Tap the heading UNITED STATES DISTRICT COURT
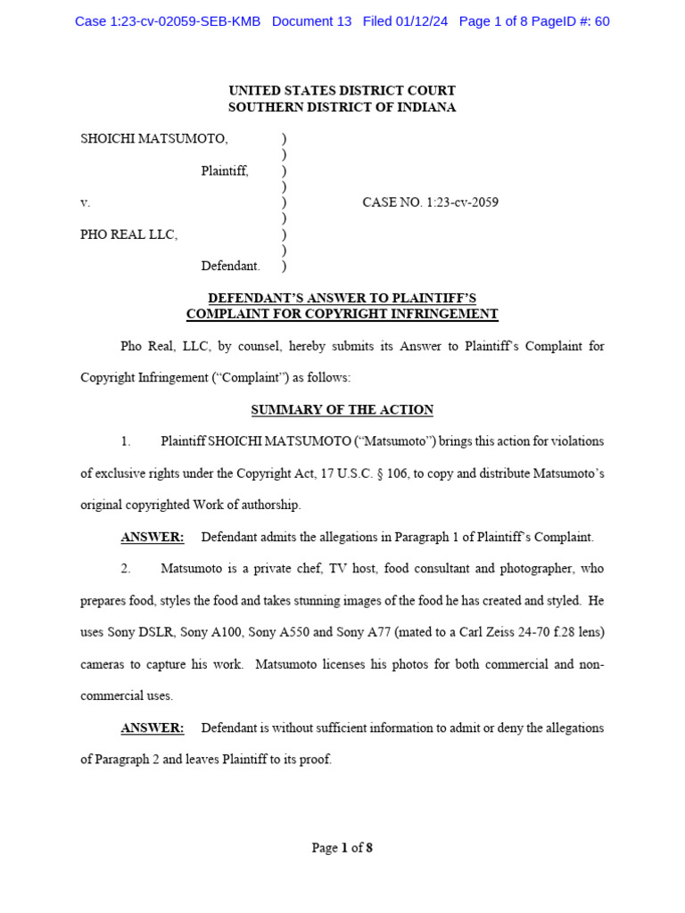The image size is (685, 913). click(x=342, y=90)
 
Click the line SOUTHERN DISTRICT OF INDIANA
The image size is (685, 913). click(x=342, y=107)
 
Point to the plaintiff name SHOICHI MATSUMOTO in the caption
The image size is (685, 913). click(x=154, y=138)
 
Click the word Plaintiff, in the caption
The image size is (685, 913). click(x=225, y=170)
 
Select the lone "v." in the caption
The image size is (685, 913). click(x=86, y=202)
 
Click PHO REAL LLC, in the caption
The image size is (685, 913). click(x=129, y=234)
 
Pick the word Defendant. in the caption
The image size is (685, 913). click(x=230, y=266)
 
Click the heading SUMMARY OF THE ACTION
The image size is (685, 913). click(x=342, y=410)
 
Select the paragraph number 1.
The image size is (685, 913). click(x=126, y=441)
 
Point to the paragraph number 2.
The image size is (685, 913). click(x=126, y=568)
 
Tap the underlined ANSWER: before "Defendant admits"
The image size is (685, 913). click(x=153, y=537)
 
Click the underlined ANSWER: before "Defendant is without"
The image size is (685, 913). click(x=153, y=728)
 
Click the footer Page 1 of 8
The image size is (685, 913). click(x=342, y=848)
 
